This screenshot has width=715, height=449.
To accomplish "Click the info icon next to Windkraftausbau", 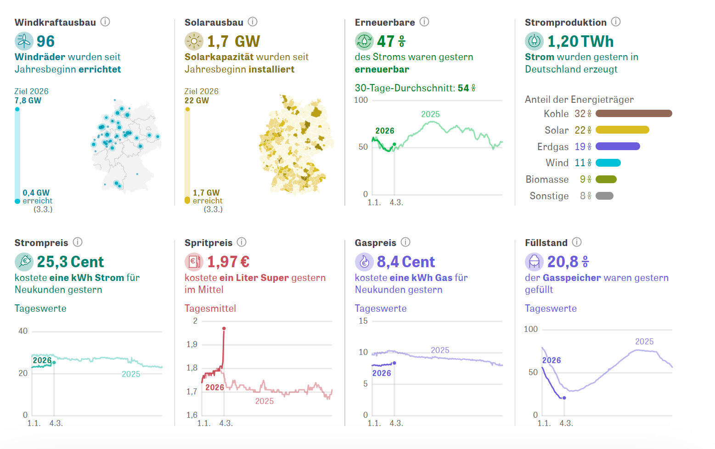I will [105, 22].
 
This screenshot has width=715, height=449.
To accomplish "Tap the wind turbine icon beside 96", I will [24, 41].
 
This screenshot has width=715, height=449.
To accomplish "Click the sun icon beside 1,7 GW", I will [194, 41].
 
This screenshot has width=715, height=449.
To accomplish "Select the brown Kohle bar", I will [634, 113].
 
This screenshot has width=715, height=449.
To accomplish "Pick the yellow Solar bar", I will [622, 130].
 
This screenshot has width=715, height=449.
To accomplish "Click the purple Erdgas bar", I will [618, 146].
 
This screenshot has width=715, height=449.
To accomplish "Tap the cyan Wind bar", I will [608, 163].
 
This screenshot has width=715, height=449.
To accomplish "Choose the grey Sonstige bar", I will [604, 196].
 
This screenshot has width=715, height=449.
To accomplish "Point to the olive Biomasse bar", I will [606, 180].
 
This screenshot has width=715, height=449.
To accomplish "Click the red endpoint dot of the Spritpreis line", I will [224, 328].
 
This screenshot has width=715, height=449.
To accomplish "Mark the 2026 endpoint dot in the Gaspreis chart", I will [394, 363].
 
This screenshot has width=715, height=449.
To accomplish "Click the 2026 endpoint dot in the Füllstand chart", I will [564, 398].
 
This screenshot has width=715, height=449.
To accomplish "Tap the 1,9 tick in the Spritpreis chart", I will [192, 344].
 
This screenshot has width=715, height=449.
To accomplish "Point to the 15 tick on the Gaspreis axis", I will [363, 321].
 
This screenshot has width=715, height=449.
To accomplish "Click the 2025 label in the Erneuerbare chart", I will [430, 114].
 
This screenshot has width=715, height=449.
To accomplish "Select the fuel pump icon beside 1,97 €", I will [194, 262].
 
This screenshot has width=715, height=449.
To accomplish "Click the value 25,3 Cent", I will [70, 262].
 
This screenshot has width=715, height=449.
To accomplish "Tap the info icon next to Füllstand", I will [577, 242].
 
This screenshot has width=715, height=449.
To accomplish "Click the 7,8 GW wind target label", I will [28, 101].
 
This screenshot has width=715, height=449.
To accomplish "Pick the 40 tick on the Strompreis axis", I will [23, 331].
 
